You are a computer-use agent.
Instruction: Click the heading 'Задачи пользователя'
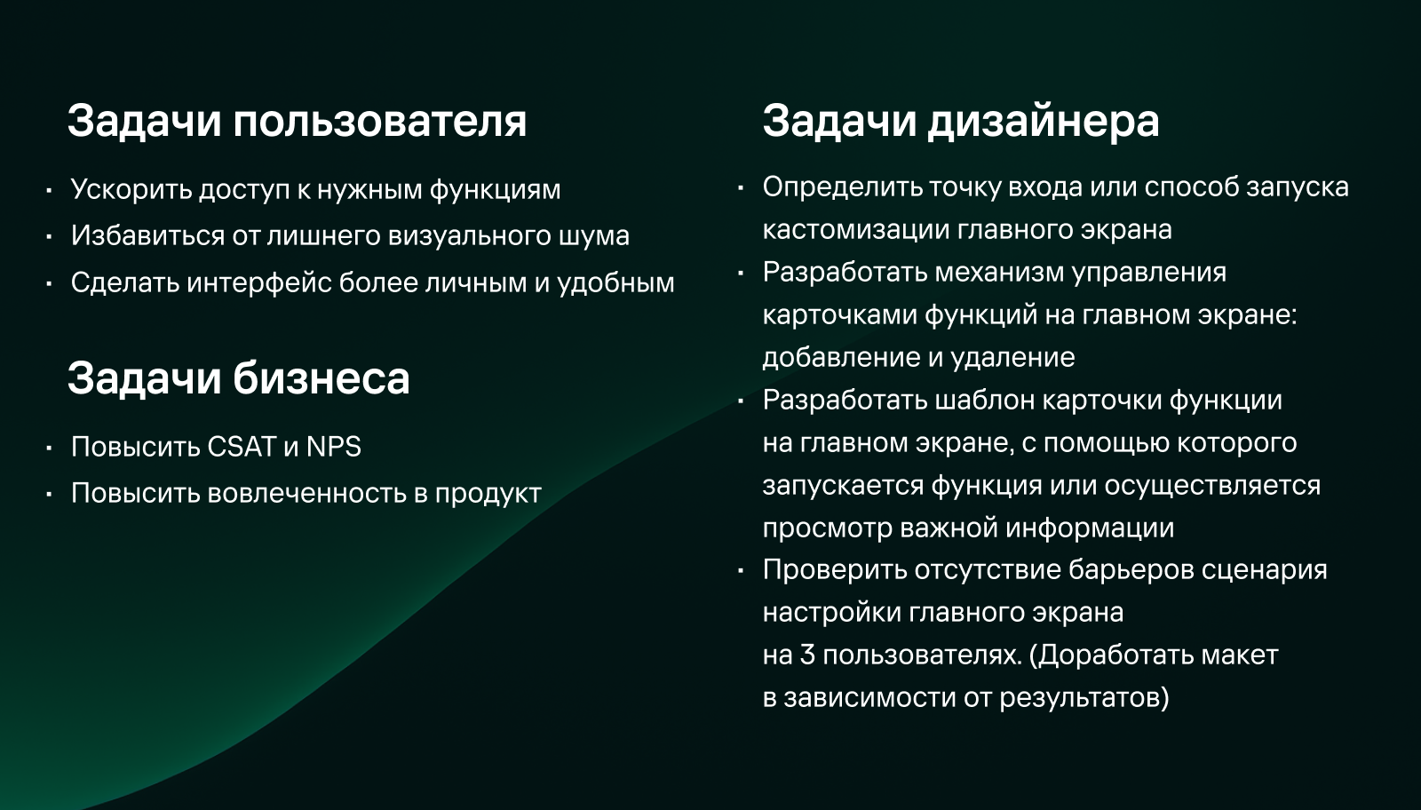[x=297, y=121]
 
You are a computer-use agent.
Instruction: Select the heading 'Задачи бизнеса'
[x=238, y=378]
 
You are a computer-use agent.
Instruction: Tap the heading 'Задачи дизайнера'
[x=960, y=121]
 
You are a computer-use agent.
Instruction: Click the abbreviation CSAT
[x=242, y=447]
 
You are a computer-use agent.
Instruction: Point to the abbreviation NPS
[x=334, y=447]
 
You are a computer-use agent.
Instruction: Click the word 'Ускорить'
[x=131, y=189]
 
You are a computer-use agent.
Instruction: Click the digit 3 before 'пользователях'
[x=807, y=655]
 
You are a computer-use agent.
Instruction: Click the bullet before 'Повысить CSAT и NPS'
[x=50, y=448]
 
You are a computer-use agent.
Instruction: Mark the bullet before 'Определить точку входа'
[x=741, y=187]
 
